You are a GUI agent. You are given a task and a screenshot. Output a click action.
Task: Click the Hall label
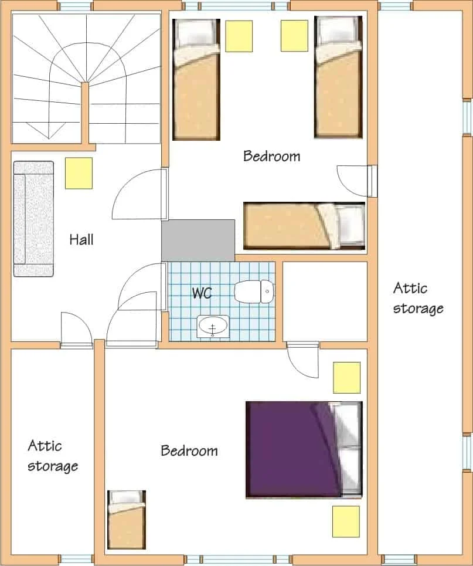[81, 240]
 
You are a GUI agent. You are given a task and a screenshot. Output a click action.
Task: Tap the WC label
[202, 293]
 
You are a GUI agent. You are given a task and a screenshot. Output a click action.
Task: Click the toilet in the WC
[254, 292]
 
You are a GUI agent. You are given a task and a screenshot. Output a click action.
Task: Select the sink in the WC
[213, 327]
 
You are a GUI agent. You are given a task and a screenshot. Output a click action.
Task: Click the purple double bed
[304, 449]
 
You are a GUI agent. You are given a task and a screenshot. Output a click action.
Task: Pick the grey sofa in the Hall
[33, 219]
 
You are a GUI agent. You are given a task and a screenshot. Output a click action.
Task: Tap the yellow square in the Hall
[79, 173]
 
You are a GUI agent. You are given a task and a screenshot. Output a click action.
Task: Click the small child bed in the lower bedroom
[127, 519]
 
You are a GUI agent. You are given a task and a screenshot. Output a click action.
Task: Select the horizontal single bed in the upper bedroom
[304, 226]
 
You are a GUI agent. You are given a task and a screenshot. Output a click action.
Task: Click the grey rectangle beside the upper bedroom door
[198, 240]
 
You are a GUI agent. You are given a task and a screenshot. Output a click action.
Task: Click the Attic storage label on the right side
[418, 298]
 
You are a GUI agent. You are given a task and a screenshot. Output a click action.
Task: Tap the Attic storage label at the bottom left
[53, 456]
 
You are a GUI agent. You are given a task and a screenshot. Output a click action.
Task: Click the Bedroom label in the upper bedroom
[272, 156]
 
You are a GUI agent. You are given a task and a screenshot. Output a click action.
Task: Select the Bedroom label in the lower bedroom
[189, 450]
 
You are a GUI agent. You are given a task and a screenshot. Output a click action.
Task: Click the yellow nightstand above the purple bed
[347, 378]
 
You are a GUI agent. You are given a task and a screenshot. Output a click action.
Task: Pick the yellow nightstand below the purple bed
[346, 521]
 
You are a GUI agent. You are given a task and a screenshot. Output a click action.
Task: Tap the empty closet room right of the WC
[325, 301]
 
